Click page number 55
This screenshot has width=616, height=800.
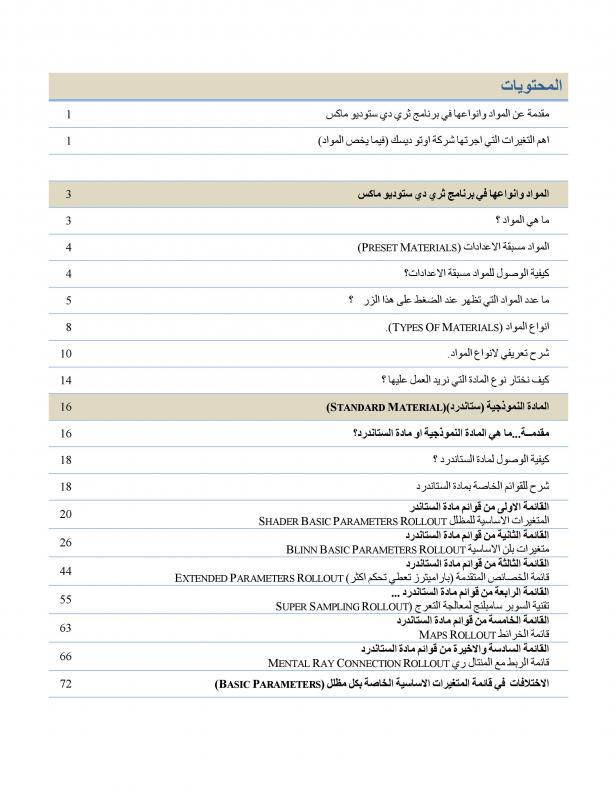pos(67,598)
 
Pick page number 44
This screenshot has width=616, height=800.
pos(67,570)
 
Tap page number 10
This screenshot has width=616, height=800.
pos(67,353)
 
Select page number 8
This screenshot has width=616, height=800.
pos(67,327)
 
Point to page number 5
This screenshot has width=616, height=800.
pos(67,300)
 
